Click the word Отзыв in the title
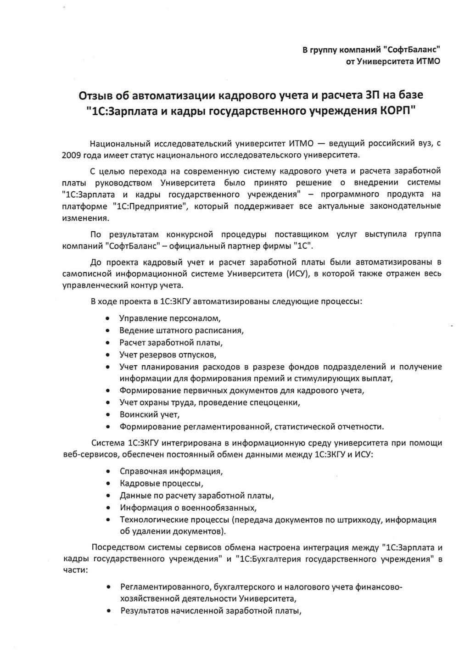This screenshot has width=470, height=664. coord(95,95)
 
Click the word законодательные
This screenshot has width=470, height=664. coord(407,206)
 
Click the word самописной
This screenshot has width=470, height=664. coord(80,274)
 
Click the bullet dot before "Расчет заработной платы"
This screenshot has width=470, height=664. coord(107,343)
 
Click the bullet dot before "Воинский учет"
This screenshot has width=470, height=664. coord(107,415)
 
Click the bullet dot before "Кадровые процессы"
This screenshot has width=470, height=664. coord(107,484)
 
